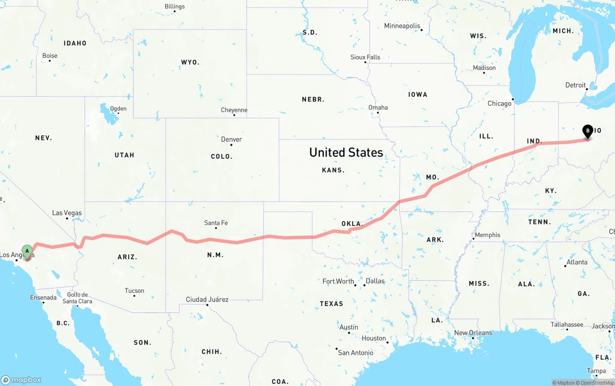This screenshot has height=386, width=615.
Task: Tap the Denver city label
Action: coord(231,139)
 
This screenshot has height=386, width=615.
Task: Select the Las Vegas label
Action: coord(67,213)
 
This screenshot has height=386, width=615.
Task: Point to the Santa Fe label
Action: coord(216,223)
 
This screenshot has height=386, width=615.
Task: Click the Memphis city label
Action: coord(488,235)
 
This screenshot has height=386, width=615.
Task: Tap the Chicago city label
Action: coord(500,103)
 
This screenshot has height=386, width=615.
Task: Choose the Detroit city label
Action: coord(575,85)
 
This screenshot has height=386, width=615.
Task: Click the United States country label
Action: coord(346,152)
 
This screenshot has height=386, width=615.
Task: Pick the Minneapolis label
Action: coord(402,26)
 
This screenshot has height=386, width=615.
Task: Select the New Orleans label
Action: coord(473,333)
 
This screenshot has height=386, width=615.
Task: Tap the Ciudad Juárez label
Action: coord(207,299)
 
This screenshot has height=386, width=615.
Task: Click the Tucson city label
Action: coord(134,290)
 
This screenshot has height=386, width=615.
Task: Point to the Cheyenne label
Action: coord(234,110)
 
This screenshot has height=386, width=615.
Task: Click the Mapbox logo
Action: coord(21,379)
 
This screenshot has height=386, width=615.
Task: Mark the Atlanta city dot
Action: coord(565,266)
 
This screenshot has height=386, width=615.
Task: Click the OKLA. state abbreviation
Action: coord(351,224)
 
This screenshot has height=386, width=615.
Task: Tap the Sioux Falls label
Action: coord(365,57)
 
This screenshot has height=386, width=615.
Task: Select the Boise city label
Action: coord(49,56)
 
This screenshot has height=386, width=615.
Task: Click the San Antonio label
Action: coord(356,353)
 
